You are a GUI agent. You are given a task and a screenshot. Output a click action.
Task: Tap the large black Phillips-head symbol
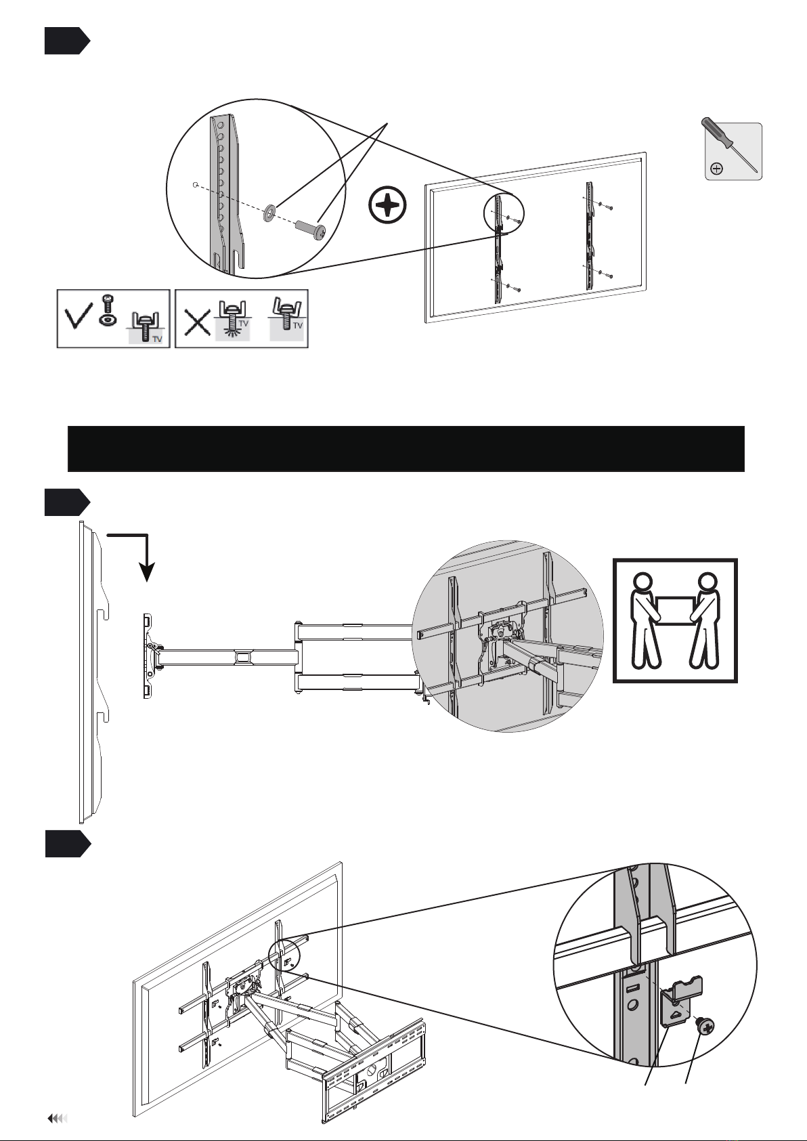388,204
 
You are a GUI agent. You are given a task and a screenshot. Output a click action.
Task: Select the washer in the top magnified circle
269,213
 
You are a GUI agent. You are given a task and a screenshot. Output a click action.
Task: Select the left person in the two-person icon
644,620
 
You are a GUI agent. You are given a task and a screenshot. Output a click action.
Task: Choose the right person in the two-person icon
705,620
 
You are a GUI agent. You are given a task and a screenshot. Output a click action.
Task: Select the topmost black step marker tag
66,41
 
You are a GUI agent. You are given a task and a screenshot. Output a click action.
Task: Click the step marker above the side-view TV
66,502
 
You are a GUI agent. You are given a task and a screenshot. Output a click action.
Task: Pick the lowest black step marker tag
66,844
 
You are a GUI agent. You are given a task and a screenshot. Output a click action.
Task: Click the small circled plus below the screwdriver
717,169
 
